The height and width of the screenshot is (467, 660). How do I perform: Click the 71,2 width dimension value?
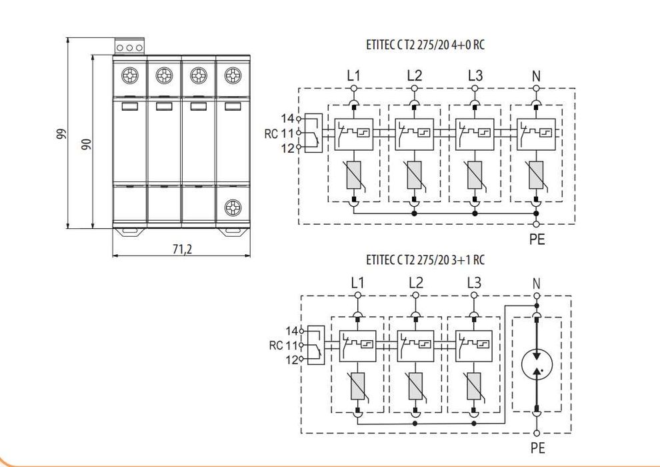pyautogui.click(x=182, y=250)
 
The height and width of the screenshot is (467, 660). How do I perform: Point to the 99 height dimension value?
pyautogui.click(x=61, y=133)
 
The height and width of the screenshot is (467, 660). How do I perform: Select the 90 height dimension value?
pyautogui.click(x=86, y=145)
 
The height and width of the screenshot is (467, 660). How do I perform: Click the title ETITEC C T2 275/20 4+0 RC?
pyautogui.click(x=425, y=45)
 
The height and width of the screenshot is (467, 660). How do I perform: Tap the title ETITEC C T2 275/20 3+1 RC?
pyautogui.click(x=425, y=260)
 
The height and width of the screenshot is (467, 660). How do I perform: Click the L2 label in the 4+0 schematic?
pyautogui.click(x=415, y=76)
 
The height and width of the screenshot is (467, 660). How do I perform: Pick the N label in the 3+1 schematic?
pyautogui.click(x=536, y=284)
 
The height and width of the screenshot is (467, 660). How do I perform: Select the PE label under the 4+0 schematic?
pyautogui.click(x=537, y=240)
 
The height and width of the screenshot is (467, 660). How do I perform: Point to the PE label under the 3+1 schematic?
pyautogui.click(x=538, y=448)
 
